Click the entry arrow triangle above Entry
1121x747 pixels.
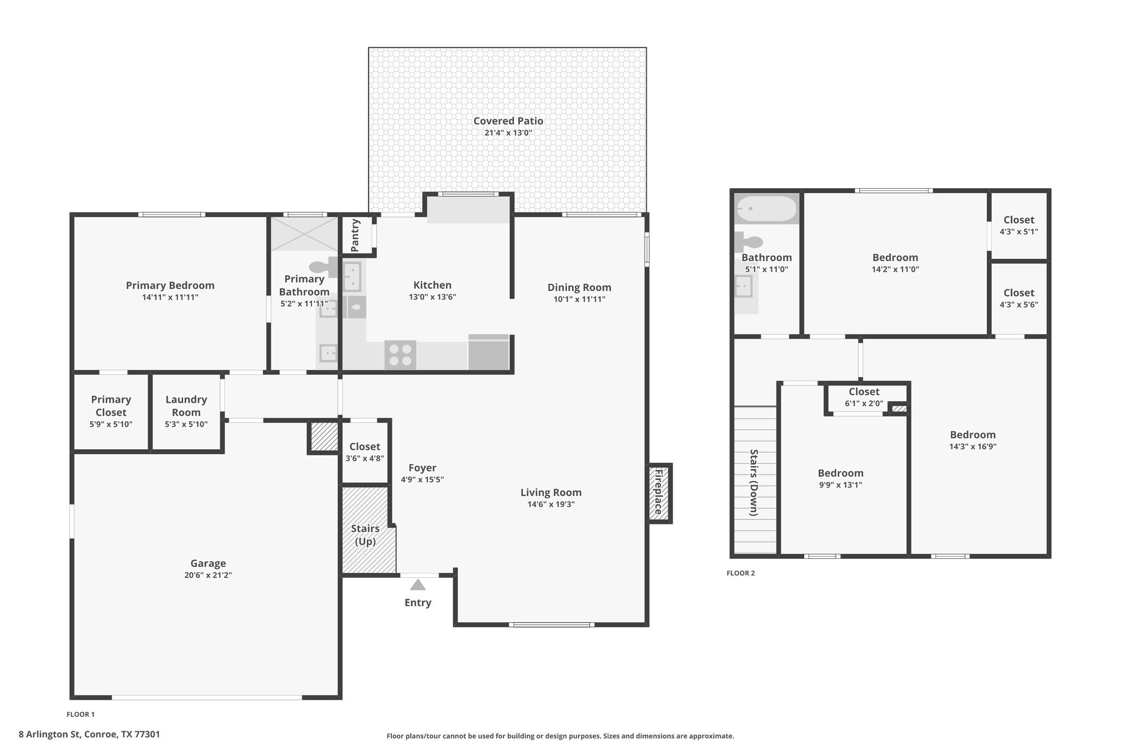(418, 585)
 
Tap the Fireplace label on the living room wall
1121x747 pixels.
(659, 492)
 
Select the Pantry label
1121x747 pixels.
(355, 235)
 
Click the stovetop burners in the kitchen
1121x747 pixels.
(400, 355)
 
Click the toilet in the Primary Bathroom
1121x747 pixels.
(324, 267)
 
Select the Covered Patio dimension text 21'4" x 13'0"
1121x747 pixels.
(508, 133)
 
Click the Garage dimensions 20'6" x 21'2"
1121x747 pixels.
(208, 575)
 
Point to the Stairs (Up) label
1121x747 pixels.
(365, 535)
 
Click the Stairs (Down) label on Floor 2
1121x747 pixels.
(754, 483)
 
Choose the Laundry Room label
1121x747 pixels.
(186, 406)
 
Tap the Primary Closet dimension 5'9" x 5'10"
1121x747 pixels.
(111, 424)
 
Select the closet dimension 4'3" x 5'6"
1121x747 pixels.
(1019, 304)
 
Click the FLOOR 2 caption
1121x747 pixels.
(741, 573)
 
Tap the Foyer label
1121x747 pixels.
(422, 468)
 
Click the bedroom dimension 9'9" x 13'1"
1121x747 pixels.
(840, 485)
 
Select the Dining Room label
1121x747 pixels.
(579, 287)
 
